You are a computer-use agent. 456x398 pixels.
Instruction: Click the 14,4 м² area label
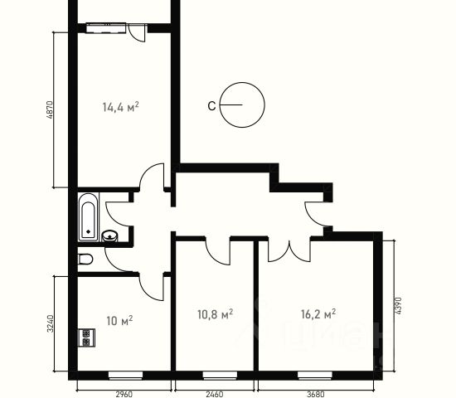tap(120, 107)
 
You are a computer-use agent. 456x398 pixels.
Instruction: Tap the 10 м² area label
tap(119, 321)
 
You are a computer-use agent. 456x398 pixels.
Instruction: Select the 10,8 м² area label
tap(215, 314)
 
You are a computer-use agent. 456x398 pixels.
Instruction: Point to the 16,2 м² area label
tap(318, 314)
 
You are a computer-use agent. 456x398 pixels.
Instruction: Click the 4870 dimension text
tap(50, 109)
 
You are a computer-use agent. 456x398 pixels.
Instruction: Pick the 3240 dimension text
tap(51, 323)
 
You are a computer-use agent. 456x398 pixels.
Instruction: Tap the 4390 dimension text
tap(398, 305)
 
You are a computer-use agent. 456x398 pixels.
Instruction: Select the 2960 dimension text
tap(124, 394)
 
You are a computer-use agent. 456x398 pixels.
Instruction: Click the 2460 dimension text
tap(215, 394)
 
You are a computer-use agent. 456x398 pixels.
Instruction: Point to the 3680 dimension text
tap(316, 394)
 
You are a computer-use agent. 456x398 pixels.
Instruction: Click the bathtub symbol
tap(88, 217)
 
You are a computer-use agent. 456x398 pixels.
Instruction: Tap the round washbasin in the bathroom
tap(109, 235)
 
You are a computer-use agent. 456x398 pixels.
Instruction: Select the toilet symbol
tap(85, 259)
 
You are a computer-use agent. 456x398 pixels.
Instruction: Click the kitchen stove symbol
tap(87, 337)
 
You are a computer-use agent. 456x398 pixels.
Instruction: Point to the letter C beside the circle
tap(211, 106)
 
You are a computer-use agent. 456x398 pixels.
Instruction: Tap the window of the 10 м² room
tap(126, 376)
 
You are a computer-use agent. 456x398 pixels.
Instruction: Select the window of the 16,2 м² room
tap(315, 376)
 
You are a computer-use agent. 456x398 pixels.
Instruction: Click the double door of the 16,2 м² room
tap(289, 250)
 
